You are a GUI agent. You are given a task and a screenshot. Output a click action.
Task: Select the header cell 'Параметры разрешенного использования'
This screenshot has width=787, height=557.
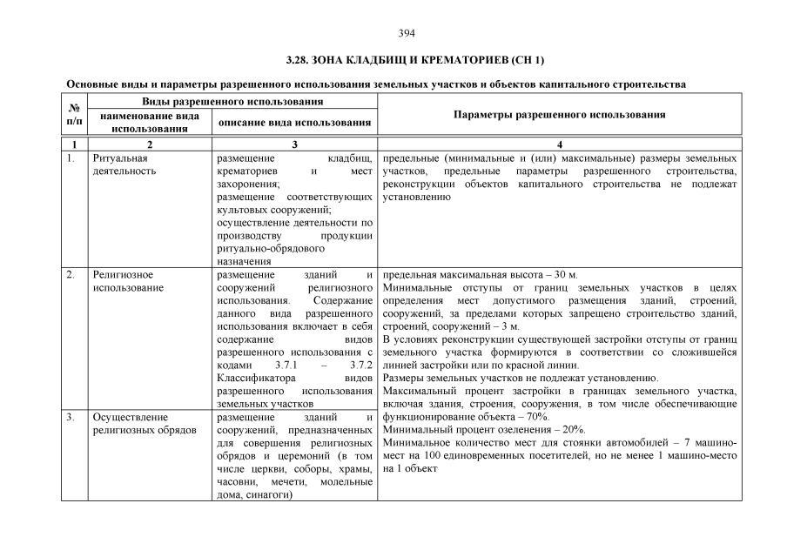point(560,115)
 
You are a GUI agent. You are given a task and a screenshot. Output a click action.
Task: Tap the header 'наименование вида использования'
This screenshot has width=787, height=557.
point(149,122)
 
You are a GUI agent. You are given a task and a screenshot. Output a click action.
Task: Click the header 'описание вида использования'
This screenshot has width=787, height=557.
point(295,123)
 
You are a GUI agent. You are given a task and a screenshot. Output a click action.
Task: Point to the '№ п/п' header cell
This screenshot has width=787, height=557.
point(74,115)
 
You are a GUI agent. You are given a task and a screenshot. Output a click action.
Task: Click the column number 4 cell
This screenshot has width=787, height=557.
point(560,144)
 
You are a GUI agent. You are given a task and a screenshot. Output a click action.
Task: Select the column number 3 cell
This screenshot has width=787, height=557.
point(295,144)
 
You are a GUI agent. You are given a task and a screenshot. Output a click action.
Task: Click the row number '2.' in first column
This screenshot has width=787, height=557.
point(71,275)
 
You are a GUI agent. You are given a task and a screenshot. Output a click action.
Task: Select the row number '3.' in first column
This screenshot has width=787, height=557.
point(71,418)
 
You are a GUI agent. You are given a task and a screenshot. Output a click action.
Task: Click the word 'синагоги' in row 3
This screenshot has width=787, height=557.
point(271,495)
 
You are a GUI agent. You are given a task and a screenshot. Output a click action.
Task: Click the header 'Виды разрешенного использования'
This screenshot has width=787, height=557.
point(221,103)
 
